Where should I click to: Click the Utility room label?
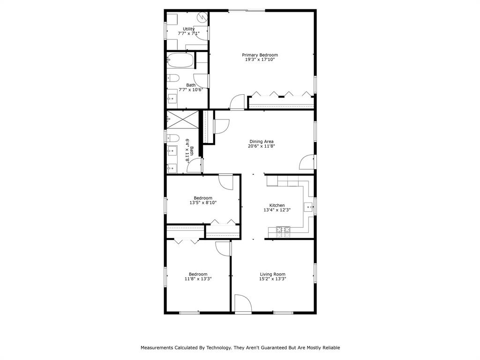(x=189, y=29)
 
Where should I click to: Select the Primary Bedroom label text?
(x=260, y=55)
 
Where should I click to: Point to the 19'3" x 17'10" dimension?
(x=260, y=60)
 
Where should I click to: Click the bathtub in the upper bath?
(x=180, y=60)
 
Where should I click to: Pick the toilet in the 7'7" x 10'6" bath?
(x=172, y=78)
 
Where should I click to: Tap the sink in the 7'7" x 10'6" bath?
(x=172, y=98)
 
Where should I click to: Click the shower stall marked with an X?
(x=183, y=119)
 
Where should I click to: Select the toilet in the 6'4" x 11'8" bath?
(x=172, y=138)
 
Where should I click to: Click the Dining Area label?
(x=261, y=142)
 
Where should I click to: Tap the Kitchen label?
(x=277, y=205)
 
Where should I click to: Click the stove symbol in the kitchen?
(x=283, y=229)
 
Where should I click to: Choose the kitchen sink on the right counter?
(x=308, y=205)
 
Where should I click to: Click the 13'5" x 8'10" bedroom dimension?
(x=203, y=203)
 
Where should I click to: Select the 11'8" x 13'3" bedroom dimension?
(x=198, y=279)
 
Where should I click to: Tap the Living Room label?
(x=272, y=274)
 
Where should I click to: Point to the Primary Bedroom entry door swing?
(x=238, y=102)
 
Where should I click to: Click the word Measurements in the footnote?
(x=157, y=348)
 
